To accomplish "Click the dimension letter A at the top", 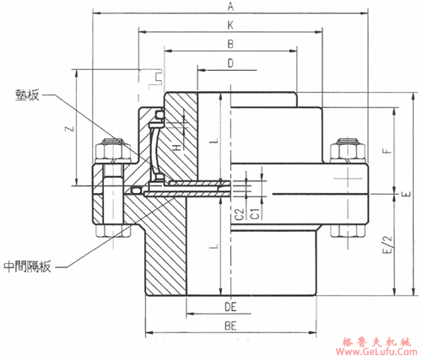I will tap(229, 7).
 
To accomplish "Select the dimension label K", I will tap(230, 26).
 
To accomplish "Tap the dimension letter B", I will tap(230, 44).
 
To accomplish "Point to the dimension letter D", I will tap(230, 63).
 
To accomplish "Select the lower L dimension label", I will tap(216, 245).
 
